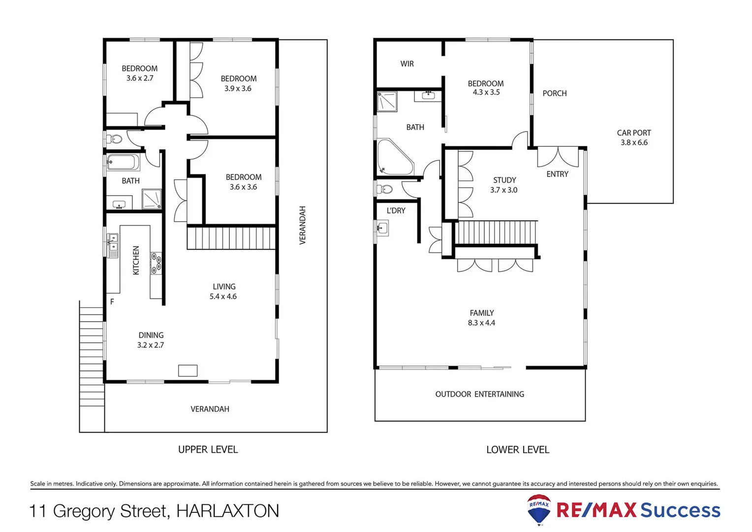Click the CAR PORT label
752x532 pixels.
(633, 133)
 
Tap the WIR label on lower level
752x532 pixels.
(407, 64)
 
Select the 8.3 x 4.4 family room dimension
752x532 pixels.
(481, 323)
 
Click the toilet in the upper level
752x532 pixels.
(115, 138)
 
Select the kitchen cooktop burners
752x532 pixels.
(156, 263)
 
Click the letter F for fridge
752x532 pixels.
(112, 301)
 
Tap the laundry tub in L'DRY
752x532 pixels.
(382, 228)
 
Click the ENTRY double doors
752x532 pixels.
(558, 157)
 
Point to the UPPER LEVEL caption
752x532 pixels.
(208, 449)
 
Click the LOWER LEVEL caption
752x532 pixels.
(518, 450)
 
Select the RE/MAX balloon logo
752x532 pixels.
(539, 509)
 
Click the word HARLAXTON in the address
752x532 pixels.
(227, 511)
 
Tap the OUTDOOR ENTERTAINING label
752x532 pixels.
(479, 394)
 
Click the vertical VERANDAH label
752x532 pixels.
(302, 225)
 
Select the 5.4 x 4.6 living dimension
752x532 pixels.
(223, 297)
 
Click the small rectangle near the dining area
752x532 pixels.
(188, 370)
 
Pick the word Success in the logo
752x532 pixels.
(680, 510)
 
